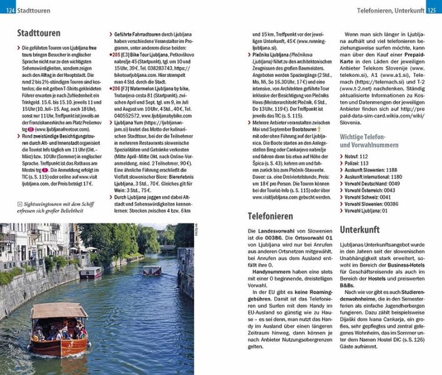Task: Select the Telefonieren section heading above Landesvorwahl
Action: tap(270, 216)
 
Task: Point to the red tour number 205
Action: tap(116, 55)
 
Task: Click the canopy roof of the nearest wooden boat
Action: tap(59, 311)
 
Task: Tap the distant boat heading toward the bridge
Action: tap(152, 271)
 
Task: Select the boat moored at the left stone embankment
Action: tap(91, 273)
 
